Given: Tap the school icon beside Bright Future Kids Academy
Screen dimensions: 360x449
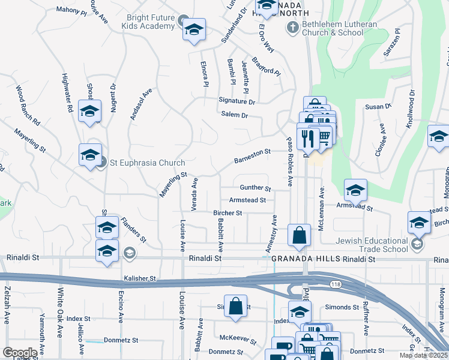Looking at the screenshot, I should tap(194, 30).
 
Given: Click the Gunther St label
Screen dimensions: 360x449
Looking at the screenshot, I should tap(256, 188).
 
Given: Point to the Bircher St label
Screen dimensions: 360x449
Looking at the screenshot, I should tap(228, 213).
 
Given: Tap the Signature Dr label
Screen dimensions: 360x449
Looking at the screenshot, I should tap(237, 101).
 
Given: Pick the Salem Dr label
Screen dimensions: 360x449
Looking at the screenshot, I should tap(234, 114).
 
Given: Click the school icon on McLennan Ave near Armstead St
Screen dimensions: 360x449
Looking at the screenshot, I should tap(355, 191).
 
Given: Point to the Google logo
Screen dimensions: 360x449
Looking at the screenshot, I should tap(19, 352).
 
